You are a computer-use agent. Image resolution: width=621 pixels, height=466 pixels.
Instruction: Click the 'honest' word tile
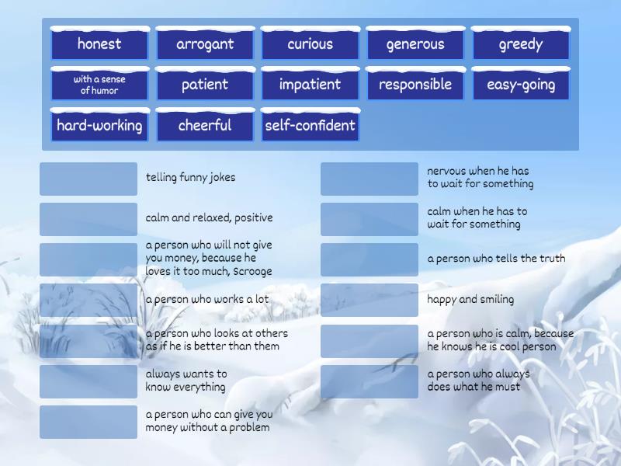[100, 43]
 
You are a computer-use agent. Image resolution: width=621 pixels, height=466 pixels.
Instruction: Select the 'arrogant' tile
[205, 43]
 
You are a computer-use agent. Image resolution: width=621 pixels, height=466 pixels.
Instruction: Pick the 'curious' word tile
[310, 43]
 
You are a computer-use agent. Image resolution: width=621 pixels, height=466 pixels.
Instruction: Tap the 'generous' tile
[415, 43]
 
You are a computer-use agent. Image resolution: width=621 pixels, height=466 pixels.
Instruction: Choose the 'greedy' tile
[521, 43]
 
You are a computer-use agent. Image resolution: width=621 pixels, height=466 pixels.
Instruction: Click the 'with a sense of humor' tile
[100, 85]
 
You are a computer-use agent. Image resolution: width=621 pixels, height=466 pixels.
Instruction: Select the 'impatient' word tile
[310, 85]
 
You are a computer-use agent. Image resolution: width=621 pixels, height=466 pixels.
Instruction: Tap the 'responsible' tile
[415, 85]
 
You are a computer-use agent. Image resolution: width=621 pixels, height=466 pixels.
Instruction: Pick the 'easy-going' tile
[521, 85]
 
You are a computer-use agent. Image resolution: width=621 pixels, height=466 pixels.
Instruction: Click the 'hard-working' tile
[100, 125]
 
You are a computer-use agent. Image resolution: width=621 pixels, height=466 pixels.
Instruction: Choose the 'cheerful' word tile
[205, 125]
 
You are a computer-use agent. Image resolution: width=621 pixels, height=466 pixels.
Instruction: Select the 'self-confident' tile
[310, 125]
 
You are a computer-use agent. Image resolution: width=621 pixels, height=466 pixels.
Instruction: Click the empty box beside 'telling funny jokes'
[88, 179]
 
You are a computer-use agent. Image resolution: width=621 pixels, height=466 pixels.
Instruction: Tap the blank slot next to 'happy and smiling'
[369, 300]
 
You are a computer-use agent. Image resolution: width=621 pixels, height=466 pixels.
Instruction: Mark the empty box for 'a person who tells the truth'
[369, 259]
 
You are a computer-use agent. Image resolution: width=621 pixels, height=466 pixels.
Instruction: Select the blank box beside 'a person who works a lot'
[88, 300]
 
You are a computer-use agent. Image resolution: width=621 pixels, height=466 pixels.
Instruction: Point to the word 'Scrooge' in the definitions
[252, 271]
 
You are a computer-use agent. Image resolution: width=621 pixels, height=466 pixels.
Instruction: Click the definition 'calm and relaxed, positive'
[209, 217]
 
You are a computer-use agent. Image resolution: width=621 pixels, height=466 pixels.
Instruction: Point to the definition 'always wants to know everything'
[186, 381]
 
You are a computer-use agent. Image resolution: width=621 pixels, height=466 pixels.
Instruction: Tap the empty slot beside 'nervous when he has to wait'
[369, 179]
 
